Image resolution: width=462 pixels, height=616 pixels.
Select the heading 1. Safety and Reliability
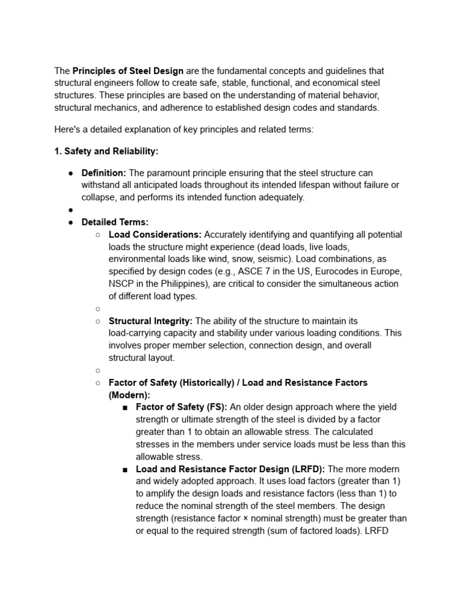point(106,152)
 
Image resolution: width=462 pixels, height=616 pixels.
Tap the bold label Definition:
point(103,173)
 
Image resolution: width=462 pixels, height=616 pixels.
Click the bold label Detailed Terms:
point(115,222)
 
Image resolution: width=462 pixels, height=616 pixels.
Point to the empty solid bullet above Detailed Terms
point(70,210)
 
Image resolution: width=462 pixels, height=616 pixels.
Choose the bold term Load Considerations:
point(155,235)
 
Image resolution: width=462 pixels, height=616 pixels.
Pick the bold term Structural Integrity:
point(150,321)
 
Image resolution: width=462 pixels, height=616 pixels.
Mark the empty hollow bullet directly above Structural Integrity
point(97,309)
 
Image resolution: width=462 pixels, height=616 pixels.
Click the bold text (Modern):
point(129,395)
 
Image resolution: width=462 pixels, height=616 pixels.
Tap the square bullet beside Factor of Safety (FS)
point(125,407)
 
